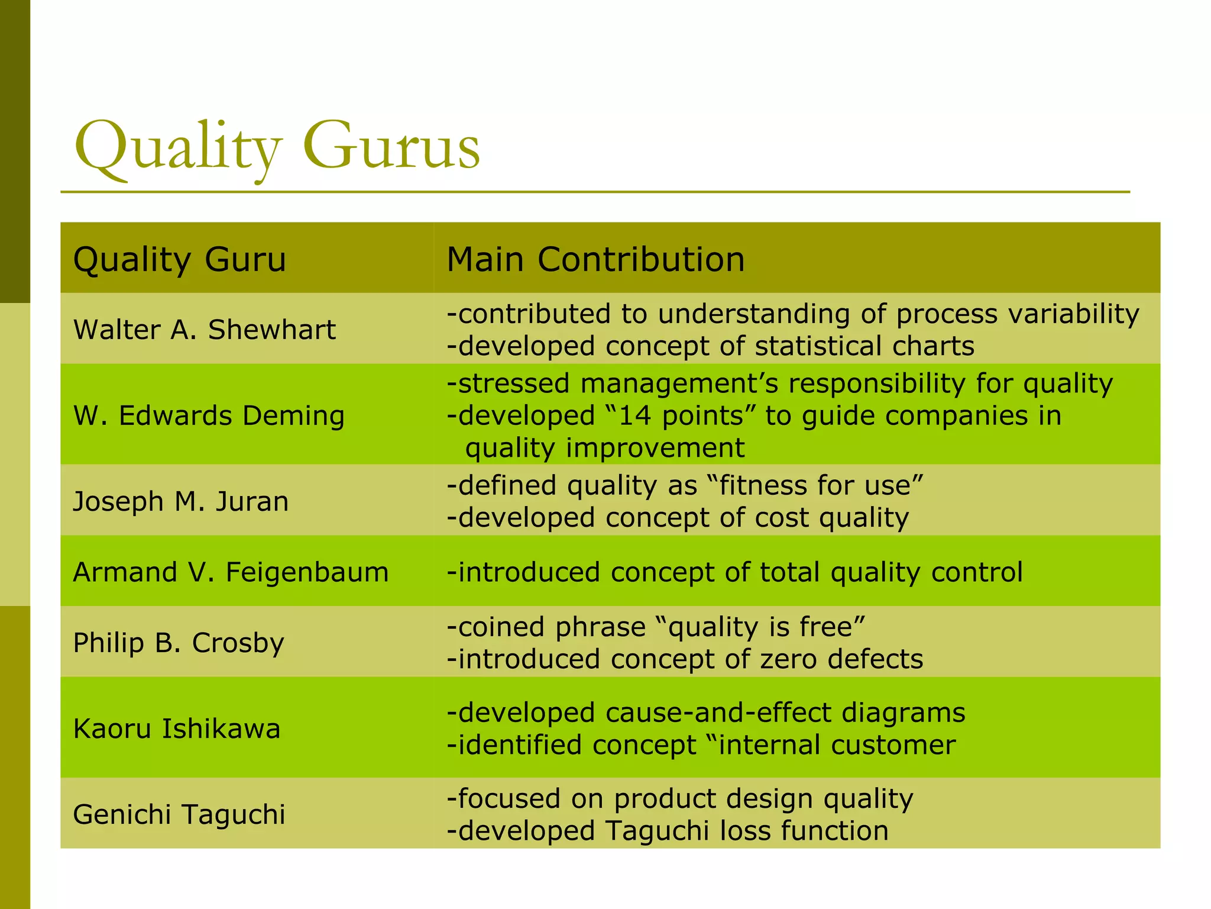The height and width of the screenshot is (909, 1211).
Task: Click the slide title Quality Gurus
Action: (277, 146)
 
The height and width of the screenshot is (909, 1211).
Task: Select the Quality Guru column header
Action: (179, 259)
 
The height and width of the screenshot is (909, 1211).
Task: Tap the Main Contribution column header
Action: (595, 259)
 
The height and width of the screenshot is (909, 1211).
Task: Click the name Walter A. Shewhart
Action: (204, 330)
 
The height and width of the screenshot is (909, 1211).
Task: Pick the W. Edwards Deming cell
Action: (209, 415)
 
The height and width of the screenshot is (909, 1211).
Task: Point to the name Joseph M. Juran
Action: (181, 501)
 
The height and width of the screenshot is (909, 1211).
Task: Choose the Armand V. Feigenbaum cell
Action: (231, 572)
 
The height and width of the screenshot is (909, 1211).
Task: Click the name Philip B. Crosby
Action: (179, 643)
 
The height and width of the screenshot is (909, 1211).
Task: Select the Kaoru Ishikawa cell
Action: (176, 729)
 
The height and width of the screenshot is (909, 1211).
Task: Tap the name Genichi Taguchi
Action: (179, 814)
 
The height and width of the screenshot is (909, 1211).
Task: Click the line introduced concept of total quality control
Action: (734, 572)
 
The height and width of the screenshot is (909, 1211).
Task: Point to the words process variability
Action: (1017, 314)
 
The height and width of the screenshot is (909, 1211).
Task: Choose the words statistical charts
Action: (864, 346)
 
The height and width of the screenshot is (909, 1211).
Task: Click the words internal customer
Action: (837, 745)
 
